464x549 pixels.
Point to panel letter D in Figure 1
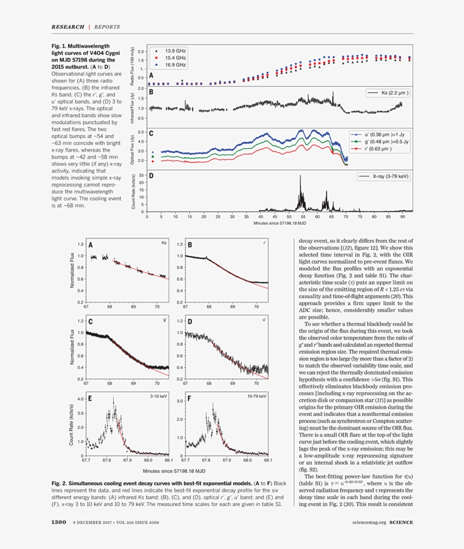(152, 176)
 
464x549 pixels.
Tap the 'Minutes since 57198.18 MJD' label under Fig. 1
(281, 223)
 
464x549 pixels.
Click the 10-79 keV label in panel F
(256, 396)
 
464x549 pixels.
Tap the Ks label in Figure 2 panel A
(164, 243)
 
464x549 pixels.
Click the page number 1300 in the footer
(59, 522)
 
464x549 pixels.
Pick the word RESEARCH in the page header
(68, 27)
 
